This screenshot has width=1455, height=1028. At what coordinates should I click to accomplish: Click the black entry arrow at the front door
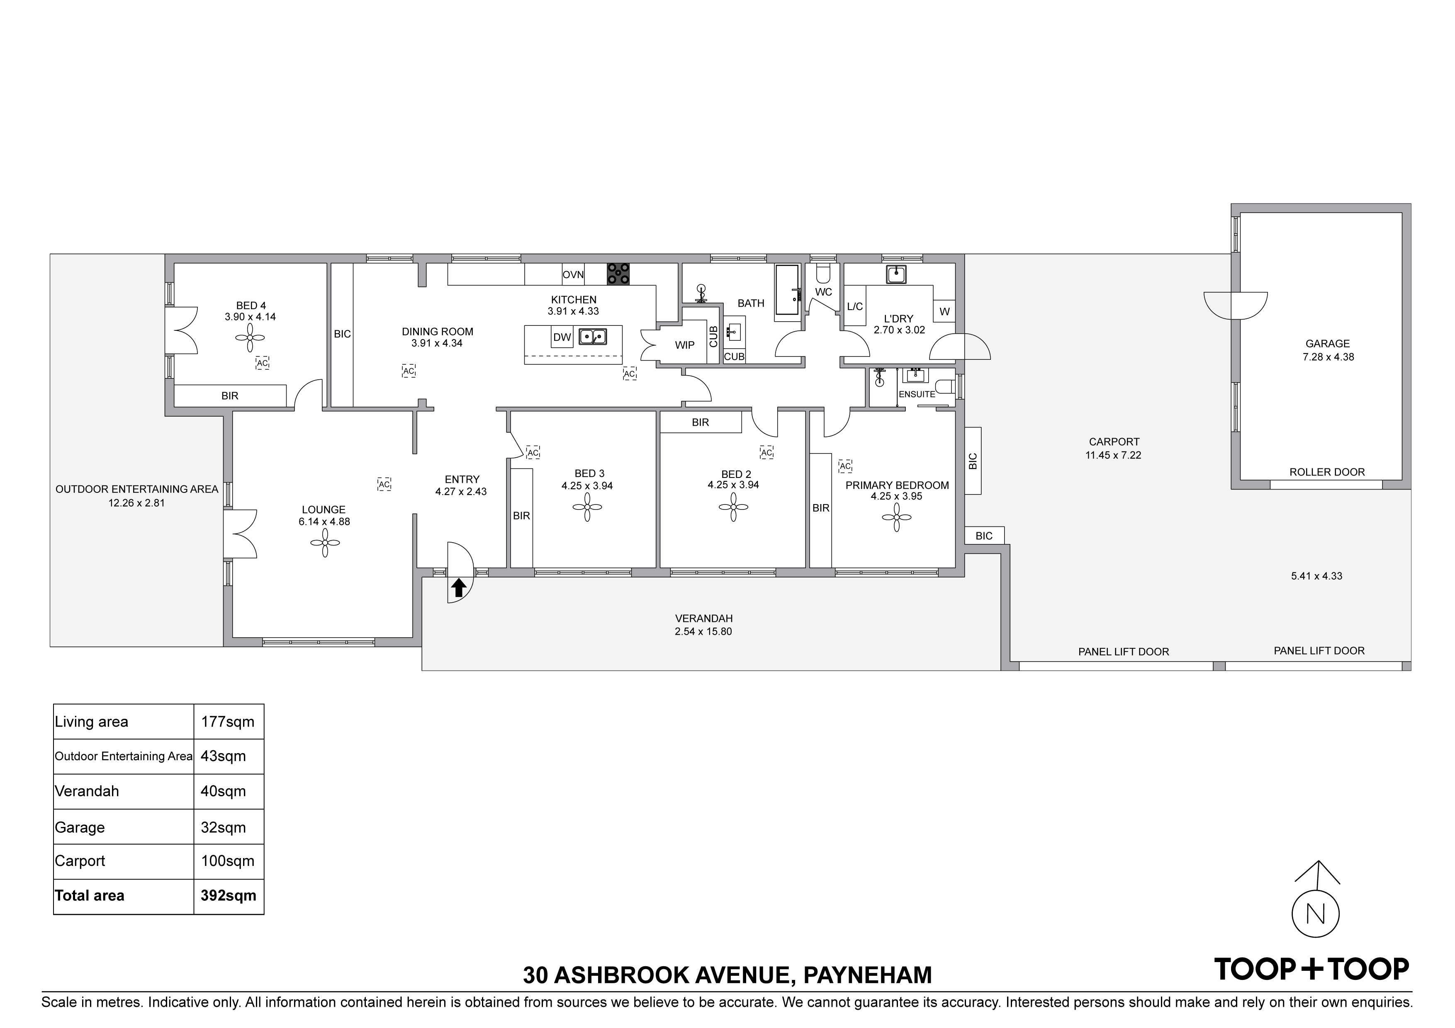(x=459, y=589)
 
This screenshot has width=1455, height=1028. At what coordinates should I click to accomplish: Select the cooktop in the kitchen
(x=618, y=274)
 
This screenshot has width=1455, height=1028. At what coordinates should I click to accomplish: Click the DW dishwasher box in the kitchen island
(x=562, y=337)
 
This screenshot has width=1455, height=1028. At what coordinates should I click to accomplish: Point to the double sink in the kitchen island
(x=593, y=336)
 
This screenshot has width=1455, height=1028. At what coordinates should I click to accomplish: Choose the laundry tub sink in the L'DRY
(x=896, y=275)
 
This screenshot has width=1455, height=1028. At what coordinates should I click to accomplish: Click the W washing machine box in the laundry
(x=944, y=312)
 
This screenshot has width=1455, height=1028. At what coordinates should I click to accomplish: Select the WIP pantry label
(x=684, y=345)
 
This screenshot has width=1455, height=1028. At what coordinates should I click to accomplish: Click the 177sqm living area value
(x=228, y=722)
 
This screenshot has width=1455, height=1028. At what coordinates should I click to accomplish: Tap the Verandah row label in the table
(x=87, y=791)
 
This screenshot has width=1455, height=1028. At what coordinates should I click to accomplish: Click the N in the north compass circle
(x=1316, y=914)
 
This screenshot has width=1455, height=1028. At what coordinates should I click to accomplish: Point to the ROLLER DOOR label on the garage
(x=1327, y=472)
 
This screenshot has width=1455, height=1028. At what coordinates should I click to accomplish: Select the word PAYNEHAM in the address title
(x=868, y=975)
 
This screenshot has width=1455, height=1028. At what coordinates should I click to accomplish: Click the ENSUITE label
(x=916, y=394)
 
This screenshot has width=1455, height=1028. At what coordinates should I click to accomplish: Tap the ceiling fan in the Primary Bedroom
(x=897, y=517)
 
